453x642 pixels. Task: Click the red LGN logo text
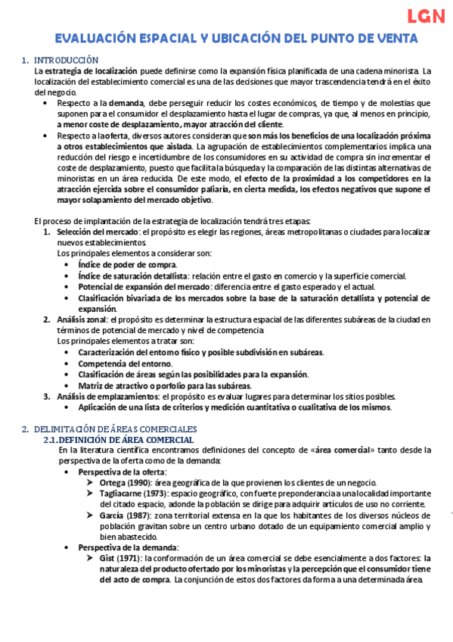coord(425,17)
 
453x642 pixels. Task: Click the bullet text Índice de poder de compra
coord(127,264)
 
